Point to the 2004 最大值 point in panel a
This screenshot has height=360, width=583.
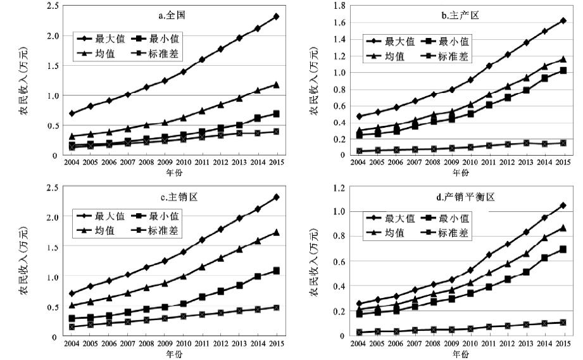72,113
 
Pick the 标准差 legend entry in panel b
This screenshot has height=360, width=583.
452,56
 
